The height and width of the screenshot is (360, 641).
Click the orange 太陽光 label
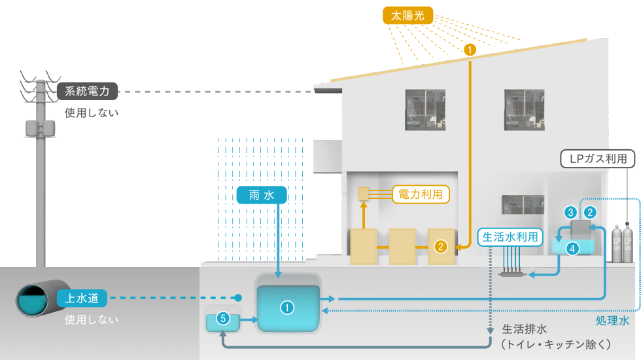pyautogui.click(x=408, y=15)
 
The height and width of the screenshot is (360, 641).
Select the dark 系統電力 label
pyautogui.click(x=88, y=91)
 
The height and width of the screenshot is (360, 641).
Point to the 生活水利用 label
pyautogui.click(x=511, y=237)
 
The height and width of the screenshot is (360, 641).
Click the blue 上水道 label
pyautogui.click(x=82, y=298)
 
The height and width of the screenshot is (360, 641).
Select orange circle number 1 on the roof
pyautogui.click(x=470, y=49)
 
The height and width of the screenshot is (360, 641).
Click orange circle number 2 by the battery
pyautogui.click(x=441, y=246)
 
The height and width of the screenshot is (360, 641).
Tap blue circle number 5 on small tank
pyautogui.click(x=223, y=319)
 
